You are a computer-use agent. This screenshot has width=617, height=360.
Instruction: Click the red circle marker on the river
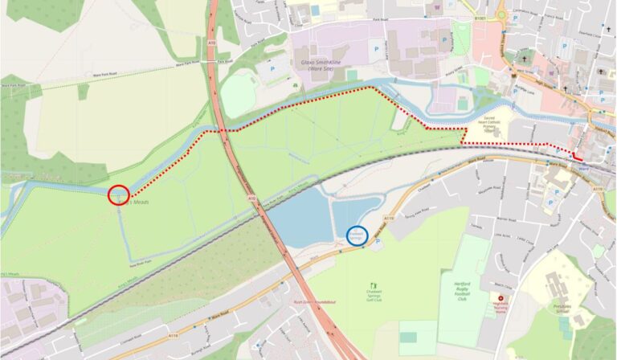click(118, 194)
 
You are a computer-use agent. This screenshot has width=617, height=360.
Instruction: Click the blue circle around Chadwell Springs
click(357, 235)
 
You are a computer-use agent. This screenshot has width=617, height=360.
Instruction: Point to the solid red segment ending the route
click(578, 157)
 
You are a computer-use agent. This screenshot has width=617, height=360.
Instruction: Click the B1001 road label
click(480, 18)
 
